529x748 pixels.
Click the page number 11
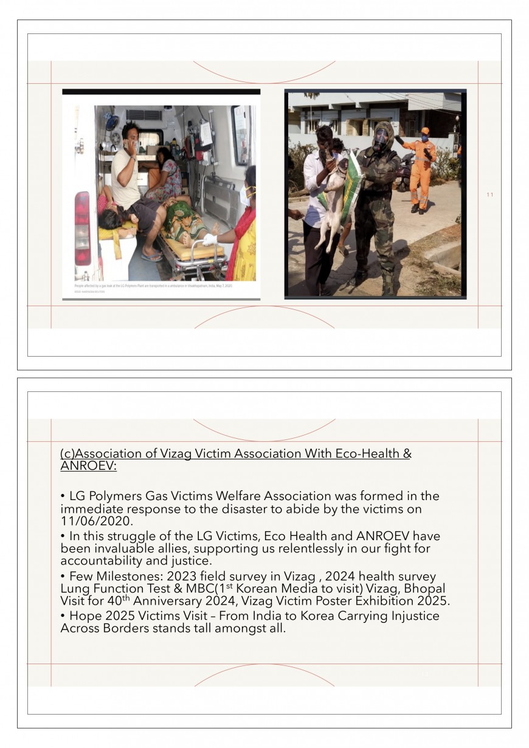tap(489, 195)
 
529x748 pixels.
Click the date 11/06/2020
tap(97, 521)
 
